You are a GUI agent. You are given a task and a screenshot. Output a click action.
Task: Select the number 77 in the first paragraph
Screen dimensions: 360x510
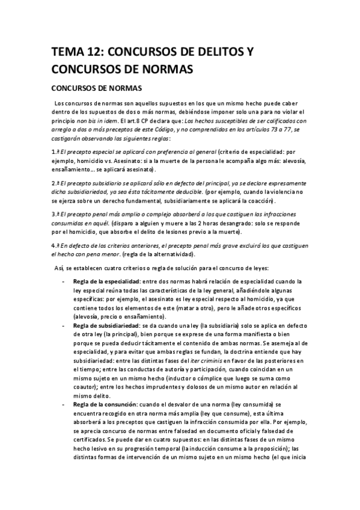(281, 130)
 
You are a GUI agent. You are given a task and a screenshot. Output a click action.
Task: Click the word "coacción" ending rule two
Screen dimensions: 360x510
(257, 200)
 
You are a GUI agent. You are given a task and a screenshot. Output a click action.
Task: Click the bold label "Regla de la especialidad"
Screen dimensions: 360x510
(107, 281)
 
